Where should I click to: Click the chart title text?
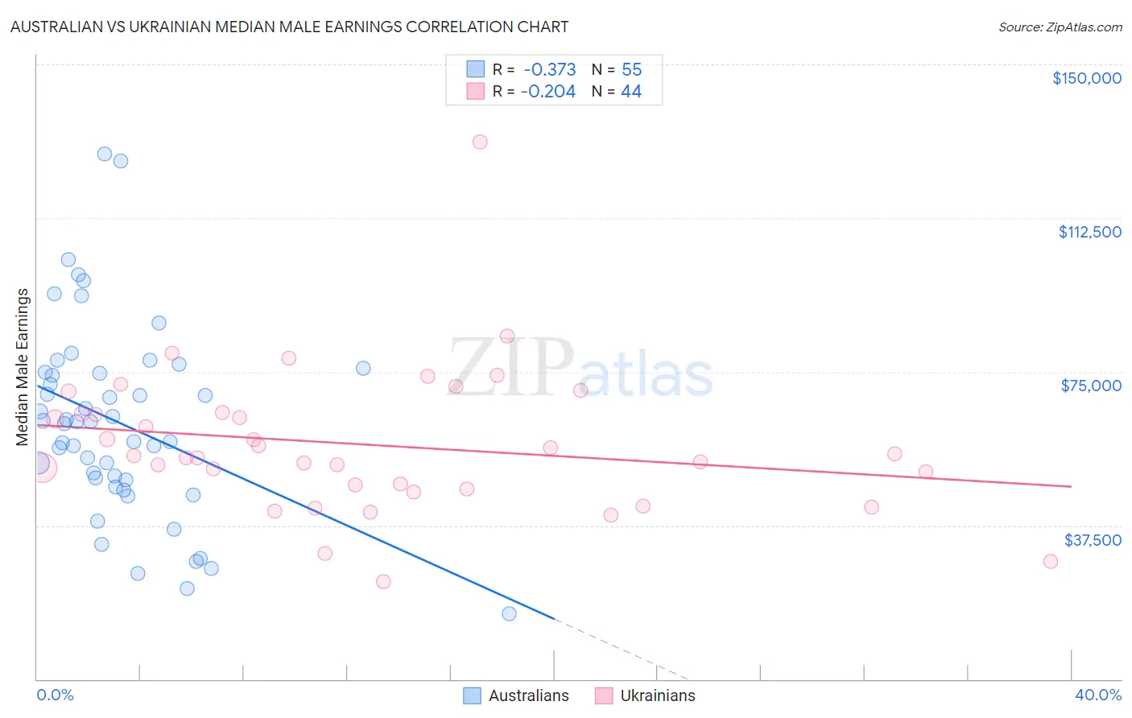point(289,27)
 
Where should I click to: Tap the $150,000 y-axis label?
point(1086,78)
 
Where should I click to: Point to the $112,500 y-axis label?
point(1089,232)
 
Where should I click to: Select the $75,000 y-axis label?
point(1090,386)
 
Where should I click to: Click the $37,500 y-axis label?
point(1092,539)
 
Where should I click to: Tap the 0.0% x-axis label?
point(55,695)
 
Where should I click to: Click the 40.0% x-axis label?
point(1097,695)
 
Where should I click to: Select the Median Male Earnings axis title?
point(23,366)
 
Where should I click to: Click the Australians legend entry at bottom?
point(515,695)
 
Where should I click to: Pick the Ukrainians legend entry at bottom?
point(645,695)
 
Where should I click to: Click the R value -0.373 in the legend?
point(549,70)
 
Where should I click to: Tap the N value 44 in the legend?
point(631,92)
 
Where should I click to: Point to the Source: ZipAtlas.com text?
point(1060,27)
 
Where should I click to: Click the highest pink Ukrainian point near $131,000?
point(480,142)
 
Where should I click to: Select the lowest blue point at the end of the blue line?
point(509,613)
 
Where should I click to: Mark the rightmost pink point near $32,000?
point(1050,561)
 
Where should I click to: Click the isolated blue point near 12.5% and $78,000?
point(363,368)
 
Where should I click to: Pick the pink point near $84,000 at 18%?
point(507,336)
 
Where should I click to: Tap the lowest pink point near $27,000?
point(383,581)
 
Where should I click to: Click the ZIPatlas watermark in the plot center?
point(580,369)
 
